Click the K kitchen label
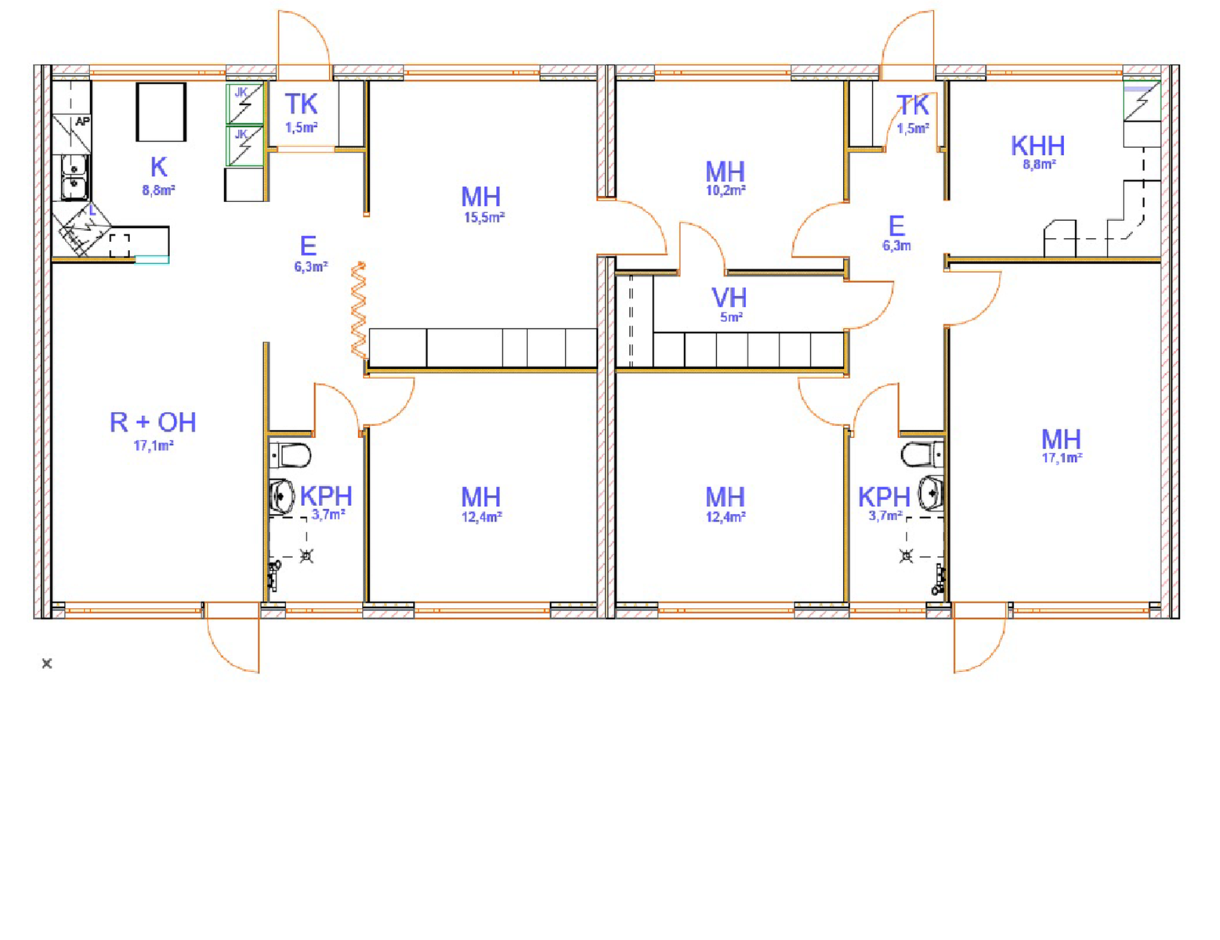coord(158,167)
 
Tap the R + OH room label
coord(153,422)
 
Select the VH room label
coord(729,298)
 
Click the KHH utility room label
coord(1037,146)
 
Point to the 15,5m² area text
coord(484,218)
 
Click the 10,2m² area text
coord(726,190)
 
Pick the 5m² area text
coord(732,317)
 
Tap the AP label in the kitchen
coord(82,121)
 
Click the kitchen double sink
coord(74,178)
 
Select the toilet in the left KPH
coord(290,455)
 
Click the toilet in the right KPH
coord(922,454)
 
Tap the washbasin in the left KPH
coord(282,496)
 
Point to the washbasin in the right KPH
coord(931,493)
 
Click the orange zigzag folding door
coord(359,309)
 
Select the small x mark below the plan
coord(47,664)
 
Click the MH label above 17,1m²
coord(1061,439)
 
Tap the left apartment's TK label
coord(301,104)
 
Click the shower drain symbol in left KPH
coord(306,556)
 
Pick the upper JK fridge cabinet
coord(244,104)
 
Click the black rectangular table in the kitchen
coord(161,112)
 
